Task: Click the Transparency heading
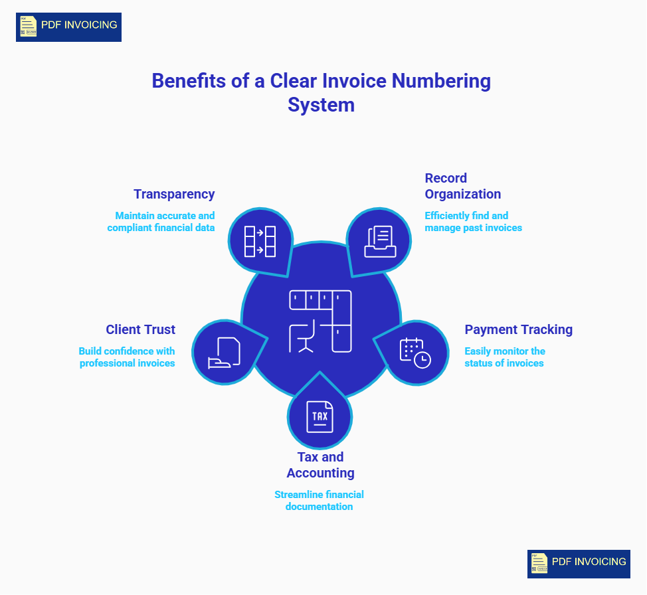click(x=174, y=194)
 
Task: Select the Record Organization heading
click(x=462, y=186)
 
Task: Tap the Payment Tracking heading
click(x=518, y=329)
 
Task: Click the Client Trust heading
click(x=140, y=329)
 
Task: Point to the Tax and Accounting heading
click(x=320, y=465)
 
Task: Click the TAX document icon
click(x=320, y=417)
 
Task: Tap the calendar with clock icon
click(x=415, y=353)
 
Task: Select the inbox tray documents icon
click(x=380, y=241)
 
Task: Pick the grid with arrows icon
click(x=260, y=241)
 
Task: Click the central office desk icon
click(x=320, y=321)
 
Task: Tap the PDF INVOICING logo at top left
click(x=68, y=27)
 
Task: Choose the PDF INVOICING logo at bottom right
click(x=579, y=564)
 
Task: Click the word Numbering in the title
click(x=440, y=81)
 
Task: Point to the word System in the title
click(x=321, y=105)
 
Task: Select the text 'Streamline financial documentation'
click(x=319, y=500)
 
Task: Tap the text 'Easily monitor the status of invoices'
click(x=505, y=357)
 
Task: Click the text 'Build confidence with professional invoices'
click(x=127, y=357)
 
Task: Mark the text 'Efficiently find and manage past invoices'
click(x=473, y=221)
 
